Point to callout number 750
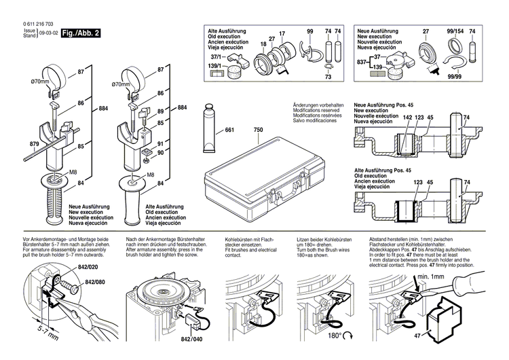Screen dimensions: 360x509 258,130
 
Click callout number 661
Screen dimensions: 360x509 229,130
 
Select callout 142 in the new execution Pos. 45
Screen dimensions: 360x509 406,118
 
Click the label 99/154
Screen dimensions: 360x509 455,32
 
